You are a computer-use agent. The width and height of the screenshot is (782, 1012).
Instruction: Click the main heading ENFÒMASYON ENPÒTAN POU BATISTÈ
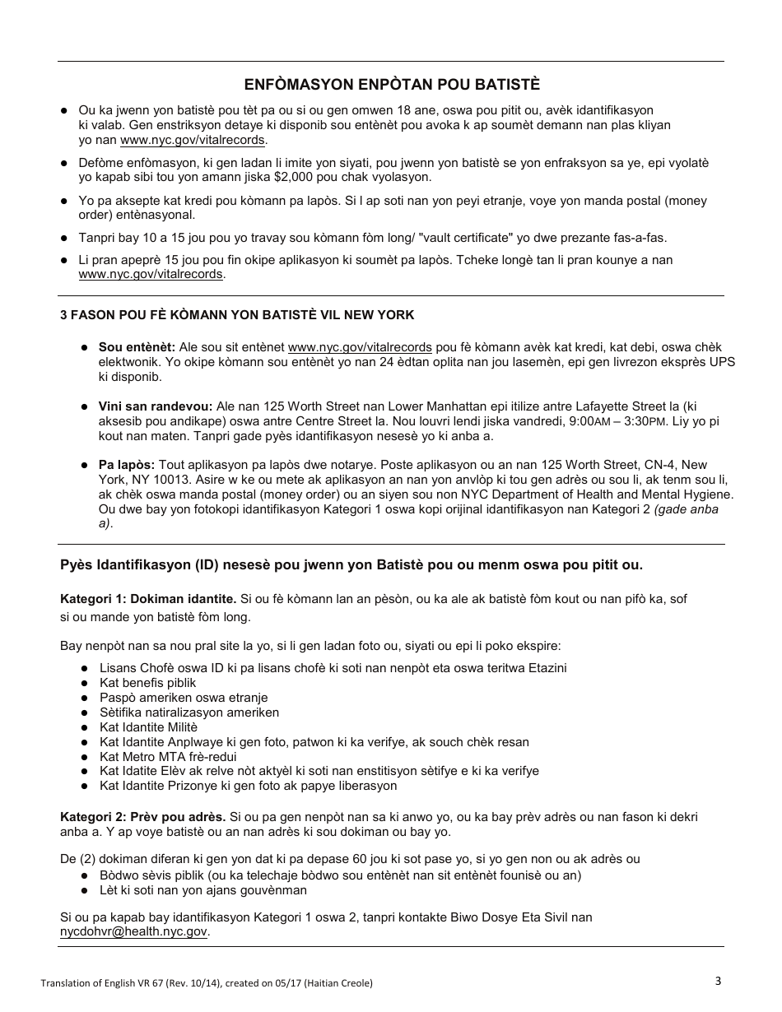point(392,85)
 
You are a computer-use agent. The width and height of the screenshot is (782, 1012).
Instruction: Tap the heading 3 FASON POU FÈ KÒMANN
point(237,315)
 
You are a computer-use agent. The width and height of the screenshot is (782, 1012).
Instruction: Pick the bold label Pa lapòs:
point(127,465)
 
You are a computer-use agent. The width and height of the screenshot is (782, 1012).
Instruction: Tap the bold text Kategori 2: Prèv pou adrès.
point(143,817)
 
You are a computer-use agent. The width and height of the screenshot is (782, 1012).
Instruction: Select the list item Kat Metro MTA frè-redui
point(169,756)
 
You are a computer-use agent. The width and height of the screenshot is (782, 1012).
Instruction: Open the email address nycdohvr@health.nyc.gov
point(133,932)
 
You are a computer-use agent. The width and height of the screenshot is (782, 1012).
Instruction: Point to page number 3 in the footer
point(719,981)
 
